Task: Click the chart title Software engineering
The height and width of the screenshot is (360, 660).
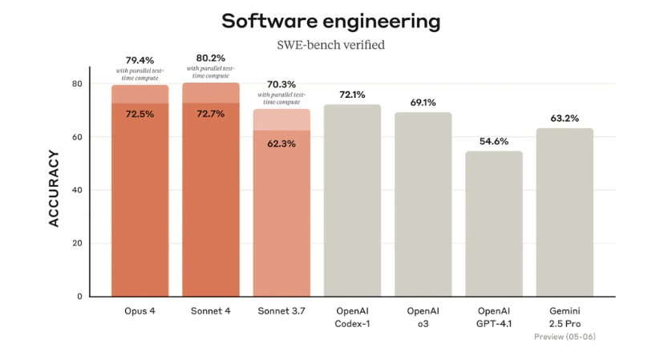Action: tap(330, 21)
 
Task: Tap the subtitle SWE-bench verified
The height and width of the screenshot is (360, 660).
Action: tap(330, 45)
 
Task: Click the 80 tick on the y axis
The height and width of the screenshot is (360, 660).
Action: tap(77, 83)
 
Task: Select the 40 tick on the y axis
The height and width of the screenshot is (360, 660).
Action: tap(77, 190)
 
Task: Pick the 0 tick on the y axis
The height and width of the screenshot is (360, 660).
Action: tap(79, 297)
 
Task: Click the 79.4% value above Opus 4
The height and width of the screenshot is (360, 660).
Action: tap(140, 60)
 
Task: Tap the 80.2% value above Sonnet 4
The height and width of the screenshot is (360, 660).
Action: tap(211, 58)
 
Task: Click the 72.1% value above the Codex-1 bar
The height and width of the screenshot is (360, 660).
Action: tap(353, 95)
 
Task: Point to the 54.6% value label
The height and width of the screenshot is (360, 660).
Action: tap(494, 141)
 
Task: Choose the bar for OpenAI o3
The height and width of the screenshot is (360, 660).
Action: tap(423, 204)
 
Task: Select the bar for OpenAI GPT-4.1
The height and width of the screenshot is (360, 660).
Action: tap(494, 224)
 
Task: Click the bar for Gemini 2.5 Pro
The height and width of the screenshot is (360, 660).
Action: tap(565, 212)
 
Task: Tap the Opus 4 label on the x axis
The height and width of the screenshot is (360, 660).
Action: tap(140, 311)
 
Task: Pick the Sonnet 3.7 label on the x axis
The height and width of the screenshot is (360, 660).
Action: tap(281, 311)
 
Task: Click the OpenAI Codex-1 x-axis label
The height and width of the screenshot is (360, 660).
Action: tap(353, 317)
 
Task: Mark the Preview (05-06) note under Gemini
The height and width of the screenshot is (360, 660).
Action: tap(565, 337)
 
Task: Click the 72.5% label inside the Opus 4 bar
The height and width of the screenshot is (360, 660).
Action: tap(140, 114)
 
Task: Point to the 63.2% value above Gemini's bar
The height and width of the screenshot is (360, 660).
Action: tap(565, 119)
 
